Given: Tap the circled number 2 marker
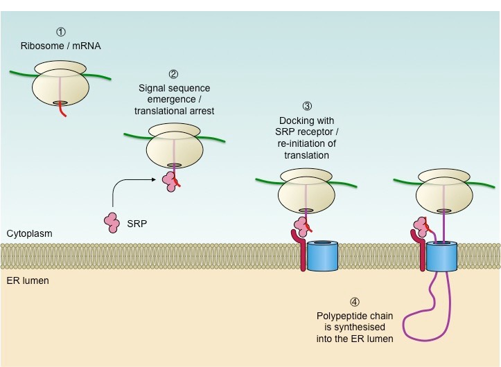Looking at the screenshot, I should click(x=173, y=74).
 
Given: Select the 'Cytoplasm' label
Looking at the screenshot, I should click(x=24, y=234).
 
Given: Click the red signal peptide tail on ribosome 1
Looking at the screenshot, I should click(x=63, y=111).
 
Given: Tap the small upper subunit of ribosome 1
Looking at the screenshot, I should click(x=61, y=67).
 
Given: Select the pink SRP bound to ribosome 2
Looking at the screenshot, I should click(x=170, y=181).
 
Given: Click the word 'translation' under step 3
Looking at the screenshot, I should click(x=306, y=156).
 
